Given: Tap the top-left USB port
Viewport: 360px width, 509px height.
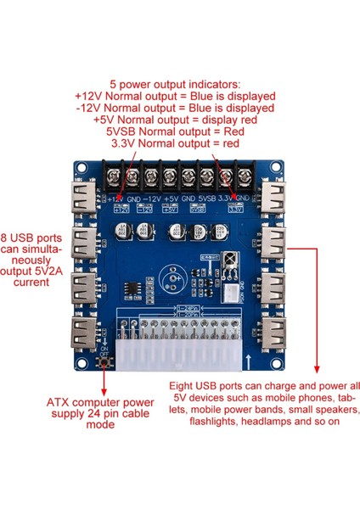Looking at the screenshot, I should pyautogui.click(x=88, y=201).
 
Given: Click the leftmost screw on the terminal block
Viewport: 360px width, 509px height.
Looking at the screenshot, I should pyautogui.click(x=113, y=177).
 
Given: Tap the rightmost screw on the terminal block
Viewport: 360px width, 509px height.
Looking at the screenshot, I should pyautogui.click(x=245, y=177).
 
